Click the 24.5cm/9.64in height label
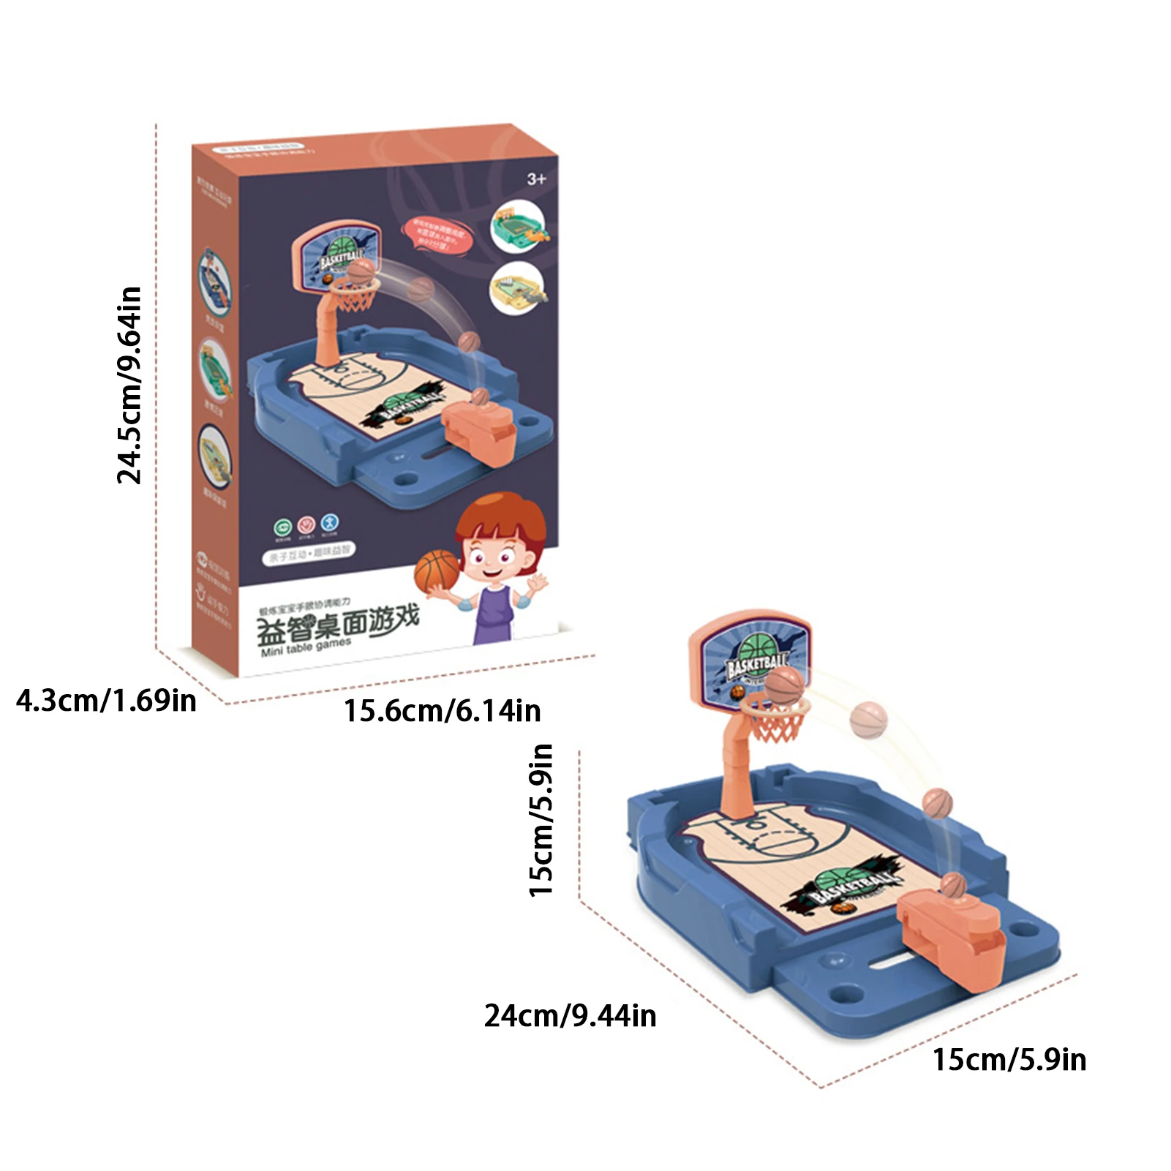tap(129, 385)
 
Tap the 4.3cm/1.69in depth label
tap(107, 701)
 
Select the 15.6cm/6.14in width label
tap(442, 711)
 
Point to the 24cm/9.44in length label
tap(570, 1016)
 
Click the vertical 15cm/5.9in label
tap(541, 820)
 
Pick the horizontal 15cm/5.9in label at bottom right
tap(1009, 1060)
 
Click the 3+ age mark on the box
tap(536, 178)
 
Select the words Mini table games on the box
tap(306, 647)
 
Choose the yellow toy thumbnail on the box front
tap(518, 287)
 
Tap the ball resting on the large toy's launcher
tap(952, 885)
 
